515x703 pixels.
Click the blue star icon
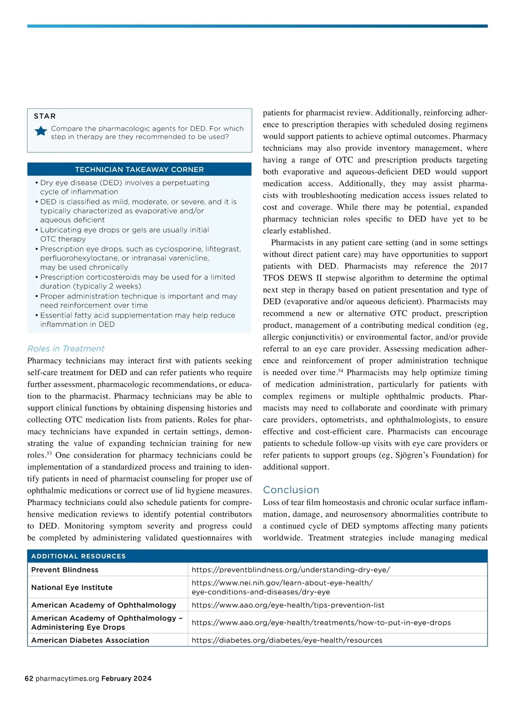click(41, 131)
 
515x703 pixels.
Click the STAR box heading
click(45, 116)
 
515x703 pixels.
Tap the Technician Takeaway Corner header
click(139, 170)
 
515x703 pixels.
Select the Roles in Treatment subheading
click(66, 348)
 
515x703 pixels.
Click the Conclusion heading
click(291, 490)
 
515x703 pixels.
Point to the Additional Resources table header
click(79, 556)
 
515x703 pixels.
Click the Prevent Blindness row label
click(65, 570)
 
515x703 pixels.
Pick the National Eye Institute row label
click(72, 587)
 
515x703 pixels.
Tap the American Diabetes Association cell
click(90, 640)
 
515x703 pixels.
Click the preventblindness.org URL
click(291, 570)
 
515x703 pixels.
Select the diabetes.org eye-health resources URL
click(287, 640)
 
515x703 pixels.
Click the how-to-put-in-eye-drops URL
click(321, 622)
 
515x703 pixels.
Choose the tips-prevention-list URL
click(288, 605)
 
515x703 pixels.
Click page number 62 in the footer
click(29, 679)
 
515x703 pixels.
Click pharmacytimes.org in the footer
click(67, 679)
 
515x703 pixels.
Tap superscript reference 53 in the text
click(49, 453)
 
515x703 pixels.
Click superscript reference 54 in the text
click(340, 371)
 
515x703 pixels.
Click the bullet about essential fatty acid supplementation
click(137, 320)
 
